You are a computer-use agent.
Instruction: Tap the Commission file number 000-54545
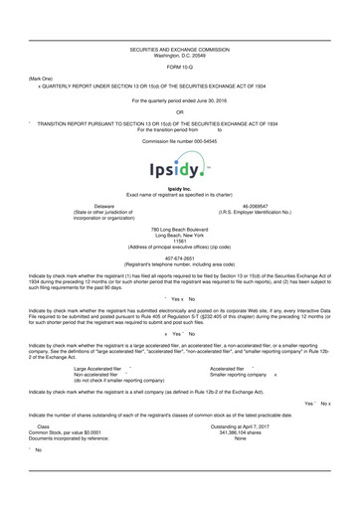(180, 140)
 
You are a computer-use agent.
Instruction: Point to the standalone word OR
(180, 111)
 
